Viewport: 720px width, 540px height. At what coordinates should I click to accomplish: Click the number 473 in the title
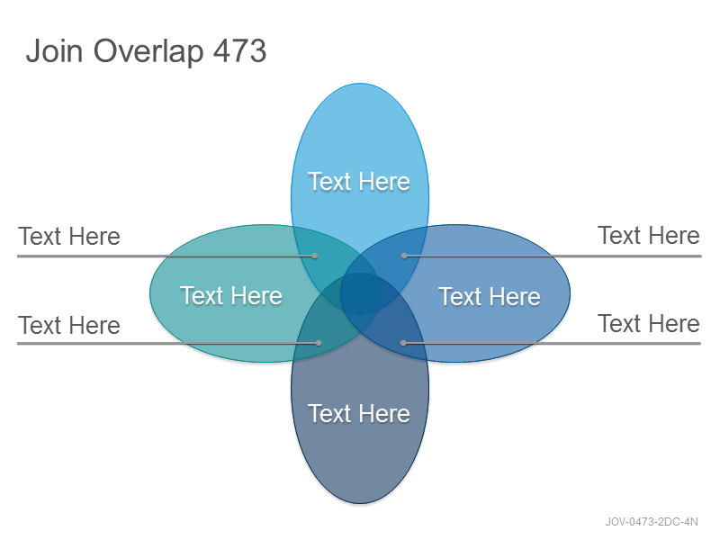tap(239, 50)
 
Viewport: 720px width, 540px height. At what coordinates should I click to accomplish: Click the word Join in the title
tap(55, 50)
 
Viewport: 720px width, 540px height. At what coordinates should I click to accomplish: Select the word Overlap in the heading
tap(148, 52)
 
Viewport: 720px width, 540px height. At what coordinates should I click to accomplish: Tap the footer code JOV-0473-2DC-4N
tap(652, 522)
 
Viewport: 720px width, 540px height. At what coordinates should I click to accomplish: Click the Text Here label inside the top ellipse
tap(359, 182)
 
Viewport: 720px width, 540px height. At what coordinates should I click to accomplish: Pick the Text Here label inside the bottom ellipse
tap(359, 413)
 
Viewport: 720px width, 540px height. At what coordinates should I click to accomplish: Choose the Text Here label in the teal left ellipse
tap(231, 295)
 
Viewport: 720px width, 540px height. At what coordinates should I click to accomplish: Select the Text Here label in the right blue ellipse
tap(490, 296)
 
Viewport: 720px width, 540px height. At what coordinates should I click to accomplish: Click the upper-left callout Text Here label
tap(69, 237)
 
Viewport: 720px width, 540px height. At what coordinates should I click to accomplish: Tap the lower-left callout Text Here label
tap(69, 325)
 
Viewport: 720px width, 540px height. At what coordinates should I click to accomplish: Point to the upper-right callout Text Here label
tap(649, 235)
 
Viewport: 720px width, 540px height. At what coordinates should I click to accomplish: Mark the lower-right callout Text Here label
tap(649, 323)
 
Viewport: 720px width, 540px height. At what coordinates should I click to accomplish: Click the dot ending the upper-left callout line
tap(315, 256)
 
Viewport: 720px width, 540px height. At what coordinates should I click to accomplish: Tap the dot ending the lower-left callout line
tap(319, 343)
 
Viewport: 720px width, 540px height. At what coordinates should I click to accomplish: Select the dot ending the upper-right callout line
tap(404, 256)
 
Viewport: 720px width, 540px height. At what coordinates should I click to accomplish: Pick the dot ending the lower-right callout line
tap(403, 343)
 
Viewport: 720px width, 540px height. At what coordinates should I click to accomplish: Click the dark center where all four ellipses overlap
tap(360, 293)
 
